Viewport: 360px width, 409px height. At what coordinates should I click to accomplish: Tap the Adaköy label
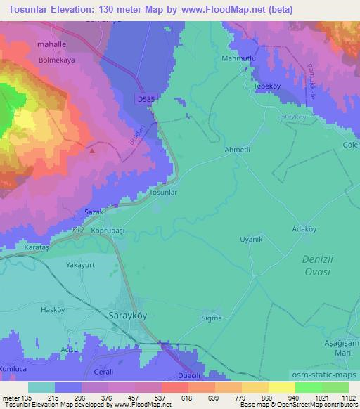coord(305,229)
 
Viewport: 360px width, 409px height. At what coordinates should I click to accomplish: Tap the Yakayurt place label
coord(80,266)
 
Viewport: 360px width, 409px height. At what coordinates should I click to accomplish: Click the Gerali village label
coord(105,370)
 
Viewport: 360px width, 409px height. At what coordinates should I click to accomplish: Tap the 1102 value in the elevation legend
coord(340,398)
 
